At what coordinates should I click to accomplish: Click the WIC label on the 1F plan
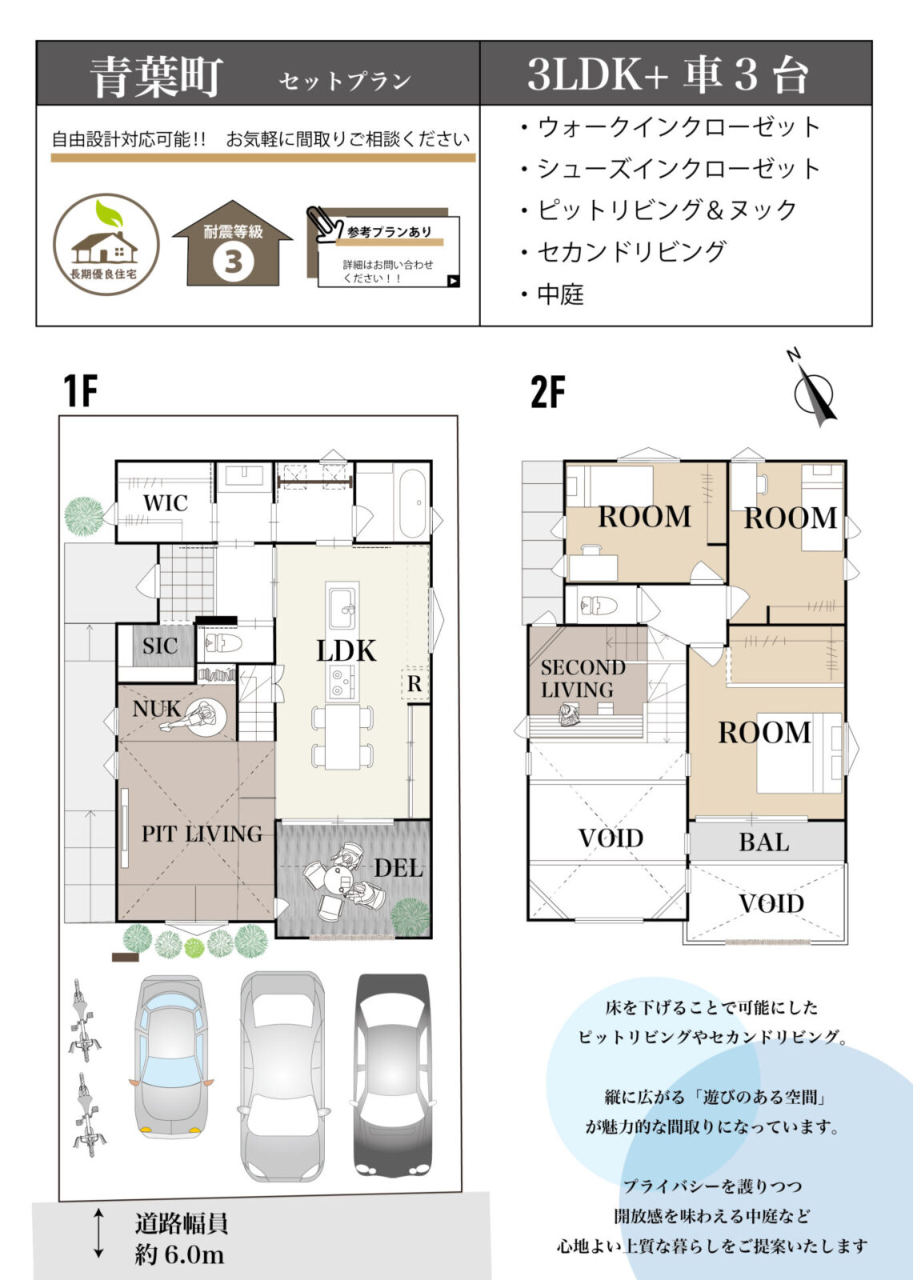coord(166,503)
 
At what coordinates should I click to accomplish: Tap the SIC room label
coord(159,646)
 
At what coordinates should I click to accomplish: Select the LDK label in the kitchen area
coord(346,650)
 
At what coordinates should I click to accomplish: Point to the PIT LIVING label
coord(202,834)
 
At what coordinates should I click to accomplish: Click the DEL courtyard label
coord(398,867)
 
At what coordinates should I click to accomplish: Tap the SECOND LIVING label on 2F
coord(582,678)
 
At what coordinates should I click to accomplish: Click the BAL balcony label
coord(763,842)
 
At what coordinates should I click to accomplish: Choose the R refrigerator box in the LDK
coord(414,684)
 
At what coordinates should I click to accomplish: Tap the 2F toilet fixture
coord(597,605)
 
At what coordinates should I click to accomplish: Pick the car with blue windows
coord(170,1056)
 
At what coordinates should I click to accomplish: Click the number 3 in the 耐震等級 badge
coord(234,262)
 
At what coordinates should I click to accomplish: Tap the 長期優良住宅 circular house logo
coord(106,245)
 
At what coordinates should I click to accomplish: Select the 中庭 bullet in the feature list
coord(559,294)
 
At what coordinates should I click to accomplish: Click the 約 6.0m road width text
coord(179,1254)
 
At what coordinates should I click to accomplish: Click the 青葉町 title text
coord(155,78)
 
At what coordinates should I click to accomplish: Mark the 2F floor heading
coord(547,392)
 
